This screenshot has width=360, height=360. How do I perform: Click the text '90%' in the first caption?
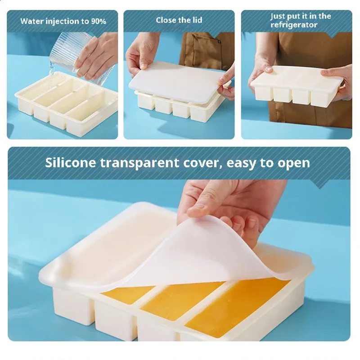(x=99, y=21)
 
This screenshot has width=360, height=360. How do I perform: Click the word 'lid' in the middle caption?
(x=197, y=20)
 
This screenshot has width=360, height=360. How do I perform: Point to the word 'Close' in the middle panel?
(x=166, y=20)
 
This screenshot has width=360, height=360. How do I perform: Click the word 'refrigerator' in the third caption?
(x=294, y=25)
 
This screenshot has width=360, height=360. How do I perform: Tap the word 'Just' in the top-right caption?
(x=278, y=16)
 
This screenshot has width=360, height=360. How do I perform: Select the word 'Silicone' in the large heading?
(x=71, y=163)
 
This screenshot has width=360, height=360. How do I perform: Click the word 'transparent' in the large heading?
(x=139, y=163)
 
